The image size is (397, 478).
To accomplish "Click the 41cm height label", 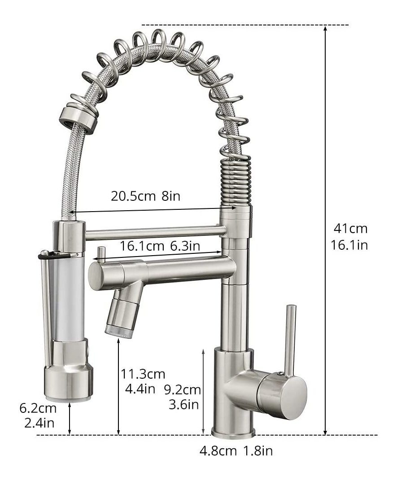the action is tap(350, 228).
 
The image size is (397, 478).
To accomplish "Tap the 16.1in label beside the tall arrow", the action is tap(349, 245).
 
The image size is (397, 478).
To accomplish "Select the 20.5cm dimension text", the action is tap(133, 196).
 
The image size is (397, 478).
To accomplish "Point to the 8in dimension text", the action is tap(171, 196).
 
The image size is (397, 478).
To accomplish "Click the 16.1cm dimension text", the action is tap(142, 246).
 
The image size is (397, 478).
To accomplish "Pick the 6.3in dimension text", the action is tap(185, 246).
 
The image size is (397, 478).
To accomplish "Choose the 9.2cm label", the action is tap(183, 390).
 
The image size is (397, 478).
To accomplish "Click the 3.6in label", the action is tap(184, 404).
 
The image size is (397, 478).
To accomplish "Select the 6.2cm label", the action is tap(38, 408).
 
